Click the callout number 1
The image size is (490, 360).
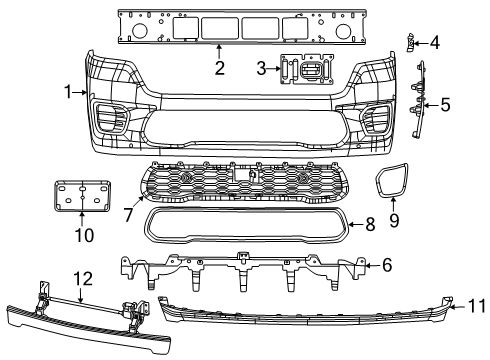(67, 92)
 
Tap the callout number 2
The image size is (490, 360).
(218, 69)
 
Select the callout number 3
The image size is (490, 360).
(261, 69)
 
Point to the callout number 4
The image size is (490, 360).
(434, 42)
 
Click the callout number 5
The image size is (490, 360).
(445, 103)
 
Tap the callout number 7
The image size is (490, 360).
(127, 214)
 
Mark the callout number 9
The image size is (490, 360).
(392, 218)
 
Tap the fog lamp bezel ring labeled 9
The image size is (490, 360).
(392, 182)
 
